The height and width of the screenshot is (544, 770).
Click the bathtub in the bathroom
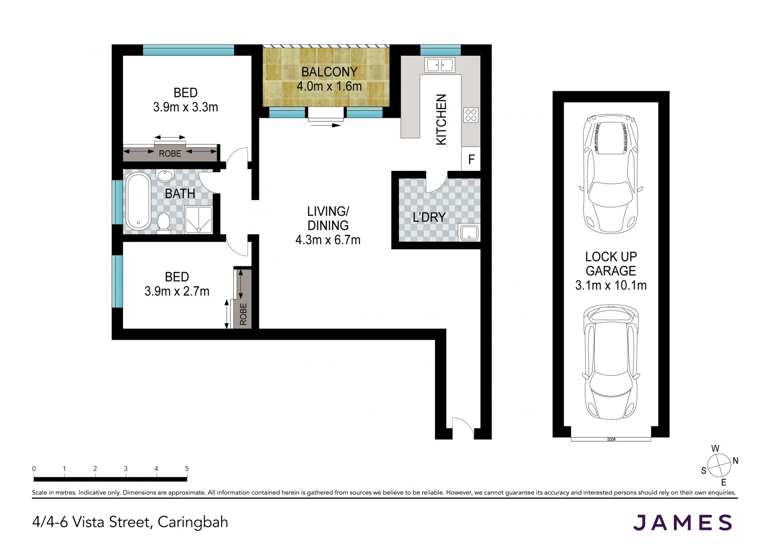139,201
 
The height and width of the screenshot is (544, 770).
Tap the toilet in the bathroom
164,222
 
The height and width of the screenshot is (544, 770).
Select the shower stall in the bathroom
198,219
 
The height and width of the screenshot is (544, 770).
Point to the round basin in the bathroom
164,176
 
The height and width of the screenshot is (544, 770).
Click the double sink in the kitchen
440,65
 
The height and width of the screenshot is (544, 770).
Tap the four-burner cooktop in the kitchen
471,115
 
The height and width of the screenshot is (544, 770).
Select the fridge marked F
471,159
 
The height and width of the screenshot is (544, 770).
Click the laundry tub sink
469,233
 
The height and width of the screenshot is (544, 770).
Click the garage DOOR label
611,439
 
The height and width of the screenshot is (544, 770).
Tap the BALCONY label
329,72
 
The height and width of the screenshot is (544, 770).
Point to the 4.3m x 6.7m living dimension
328,240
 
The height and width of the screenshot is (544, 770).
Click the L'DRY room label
429,217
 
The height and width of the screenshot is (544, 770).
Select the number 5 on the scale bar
187,468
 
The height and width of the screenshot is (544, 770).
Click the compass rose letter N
736,461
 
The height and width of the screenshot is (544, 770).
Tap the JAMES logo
683,522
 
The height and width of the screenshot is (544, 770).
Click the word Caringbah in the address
193,522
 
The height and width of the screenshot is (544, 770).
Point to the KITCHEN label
441,119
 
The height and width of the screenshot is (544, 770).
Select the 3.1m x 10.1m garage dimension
611,285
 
